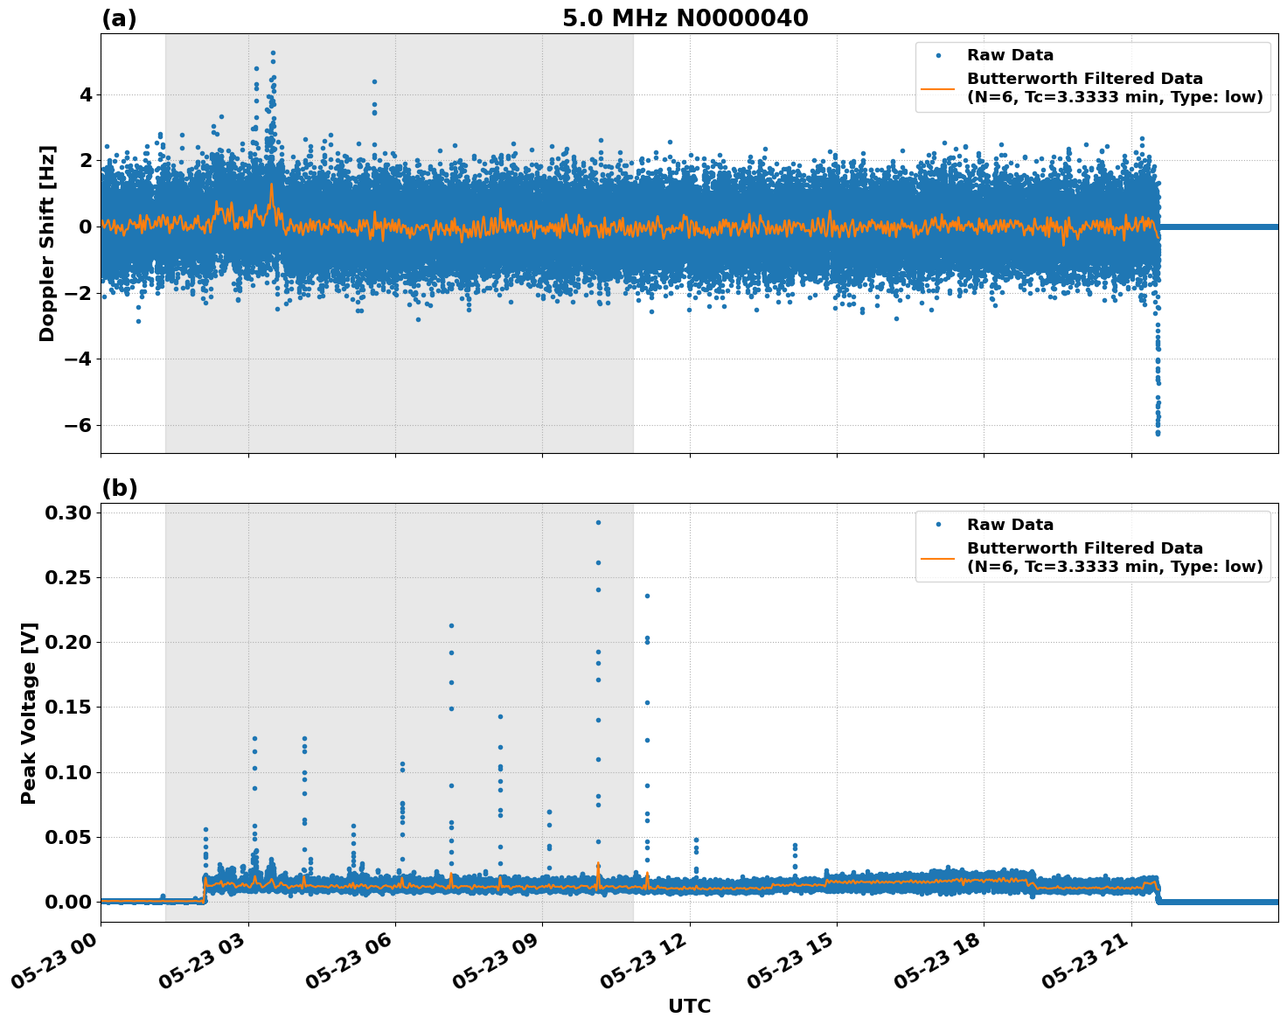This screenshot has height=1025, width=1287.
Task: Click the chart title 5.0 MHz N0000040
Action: tap(685, 18)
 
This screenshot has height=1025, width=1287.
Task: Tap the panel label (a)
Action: tap(119, 18)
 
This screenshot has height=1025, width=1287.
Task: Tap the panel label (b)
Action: tap(119, 488)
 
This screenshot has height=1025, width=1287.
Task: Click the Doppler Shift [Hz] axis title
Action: tap(47, 243)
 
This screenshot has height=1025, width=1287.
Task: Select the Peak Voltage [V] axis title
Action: tap(29, 713)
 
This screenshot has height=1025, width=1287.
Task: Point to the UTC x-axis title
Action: tap(689, 1006)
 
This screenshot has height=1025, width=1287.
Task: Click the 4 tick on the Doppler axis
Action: tap(86, 94)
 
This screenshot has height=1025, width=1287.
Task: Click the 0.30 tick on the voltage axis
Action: tap(69, 512)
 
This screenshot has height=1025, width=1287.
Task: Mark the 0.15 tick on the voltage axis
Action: tap(69, 707)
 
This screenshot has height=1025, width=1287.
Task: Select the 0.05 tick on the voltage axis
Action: tap(69, 837)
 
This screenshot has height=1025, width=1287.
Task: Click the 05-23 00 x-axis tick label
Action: tap(59, 960)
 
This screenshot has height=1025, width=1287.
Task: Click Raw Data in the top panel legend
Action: tap(1010, 56)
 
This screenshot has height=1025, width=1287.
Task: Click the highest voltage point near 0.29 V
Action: tap(598, 522)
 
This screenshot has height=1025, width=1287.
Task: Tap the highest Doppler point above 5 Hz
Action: tap(273, 52)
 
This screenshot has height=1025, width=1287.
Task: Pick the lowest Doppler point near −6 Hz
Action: tap(1158, 433)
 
